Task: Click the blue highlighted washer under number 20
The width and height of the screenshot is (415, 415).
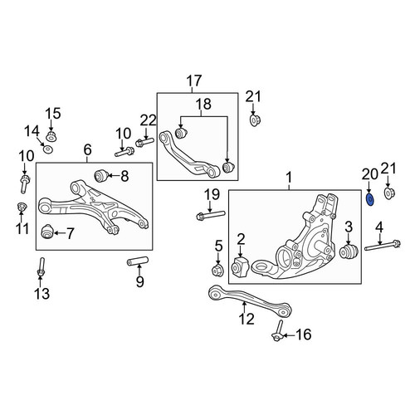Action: tap(369, 200)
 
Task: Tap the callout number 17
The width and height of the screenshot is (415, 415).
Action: tap(194, 81)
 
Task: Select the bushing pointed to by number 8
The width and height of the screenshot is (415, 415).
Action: tap(100, 176)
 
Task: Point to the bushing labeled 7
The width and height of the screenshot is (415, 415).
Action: tap(46, 232)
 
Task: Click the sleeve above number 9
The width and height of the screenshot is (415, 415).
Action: tap(138, 261)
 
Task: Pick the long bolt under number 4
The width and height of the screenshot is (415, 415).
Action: tap(383, 246)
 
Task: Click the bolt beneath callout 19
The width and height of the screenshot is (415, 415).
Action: tap(211, 215)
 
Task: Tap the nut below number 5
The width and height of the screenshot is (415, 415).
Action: tap(217, 271)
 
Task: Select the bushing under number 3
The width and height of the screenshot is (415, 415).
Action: tap(349, 251)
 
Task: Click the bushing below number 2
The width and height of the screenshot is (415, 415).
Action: tap(240, 266)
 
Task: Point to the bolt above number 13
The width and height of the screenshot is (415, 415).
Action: tap(41, 266)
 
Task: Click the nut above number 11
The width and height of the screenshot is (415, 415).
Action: tap(22, 207)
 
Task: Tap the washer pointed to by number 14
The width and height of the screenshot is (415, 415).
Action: tap(48, 149)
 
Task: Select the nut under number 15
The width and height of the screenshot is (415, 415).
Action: tap(51, 137)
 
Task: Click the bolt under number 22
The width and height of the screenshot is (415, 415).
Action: tap(144, 143)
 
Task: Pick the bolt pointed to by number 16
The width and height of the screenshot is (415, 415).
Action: tap(277, 330)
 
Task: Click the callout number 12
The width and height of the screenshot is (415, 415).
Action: tap(247, 319)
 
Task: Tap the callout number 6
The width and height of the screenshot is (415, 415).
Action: tap(87, 150)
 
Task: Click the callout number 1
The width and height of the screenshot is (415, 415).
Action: tap(289, 178)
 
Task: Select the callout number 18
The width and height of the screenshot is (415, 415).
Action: tap(203, 105)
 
